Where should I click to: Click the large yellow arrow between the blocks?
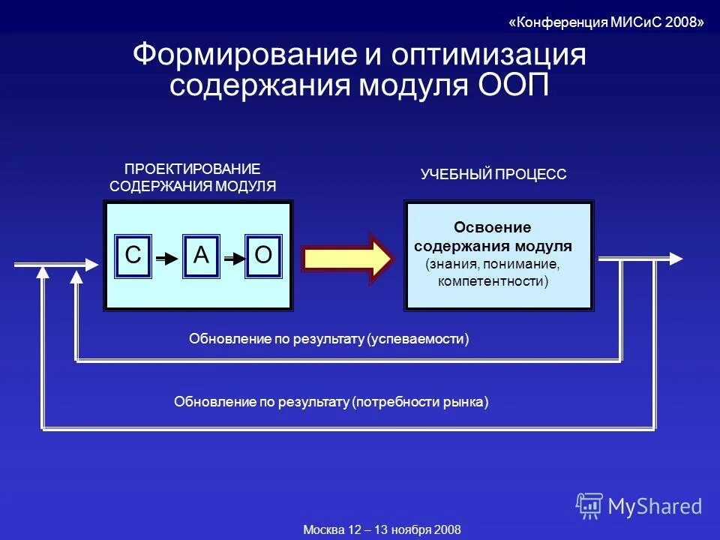[x=347, y=259]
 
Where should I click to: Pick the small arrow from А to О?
[x=233, y=259]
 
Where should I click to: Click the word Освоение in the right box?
[x=492, y=227]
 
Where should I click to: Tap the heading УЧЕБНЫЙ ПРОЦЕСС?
[x=493, y=175]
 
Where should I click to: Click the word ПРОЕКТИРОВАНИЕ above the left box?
[x=192, y=169]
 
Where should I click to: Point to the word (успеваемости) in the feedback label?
[x=418, y=340]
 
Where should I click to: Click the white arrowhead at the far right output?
[x=676, y=258]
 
